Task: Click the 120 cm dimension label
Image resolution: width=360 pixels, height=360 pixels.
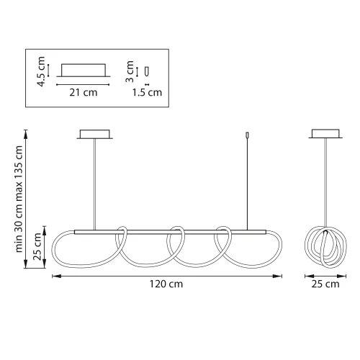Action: tap(166, 284)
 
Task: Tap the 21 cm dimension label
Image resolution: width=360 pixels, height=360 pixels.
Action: tap(84, 92)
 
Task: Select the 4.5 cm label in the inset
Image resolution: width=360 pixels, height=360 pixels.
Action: tap(40, 71)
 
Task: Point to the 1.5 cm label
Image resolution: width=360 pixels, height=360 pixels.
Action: tap(148, 92)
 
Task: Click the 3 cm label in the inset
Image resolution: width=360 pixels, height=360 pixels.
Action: tap(130, 71)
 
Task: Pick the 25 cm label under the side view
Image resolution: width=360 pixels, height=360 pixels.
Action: tap(325, 284)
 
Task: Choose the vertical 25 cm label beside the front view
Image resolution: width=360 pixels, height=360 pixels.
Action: tap(37, 246)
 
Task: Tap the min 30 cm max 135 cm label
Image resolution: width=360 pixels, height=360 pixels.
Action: tap(19, 199)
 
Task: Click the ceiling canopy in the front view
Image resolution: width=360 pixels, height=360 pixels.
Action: tap(95, 135)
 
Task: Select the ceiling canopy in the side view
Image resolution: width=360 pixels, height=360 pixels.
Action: tap(325, 133)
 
